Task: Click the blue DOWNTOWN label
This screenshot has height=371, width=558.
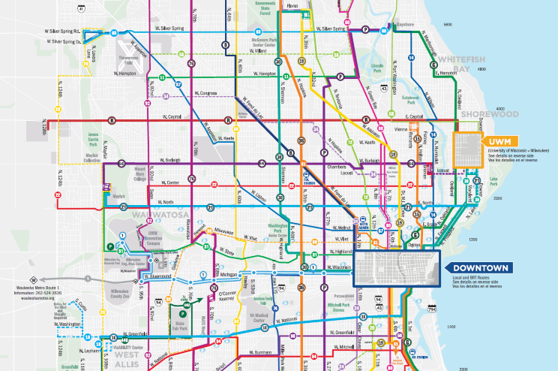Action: click(481, 268)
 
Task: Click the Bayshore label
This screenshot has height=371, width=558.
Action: click(405, 24)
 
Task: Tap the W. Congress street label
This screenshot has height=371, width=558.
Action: click(204, 93)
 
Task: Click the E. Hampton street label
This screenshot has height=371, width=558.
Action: click(446, 73)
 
